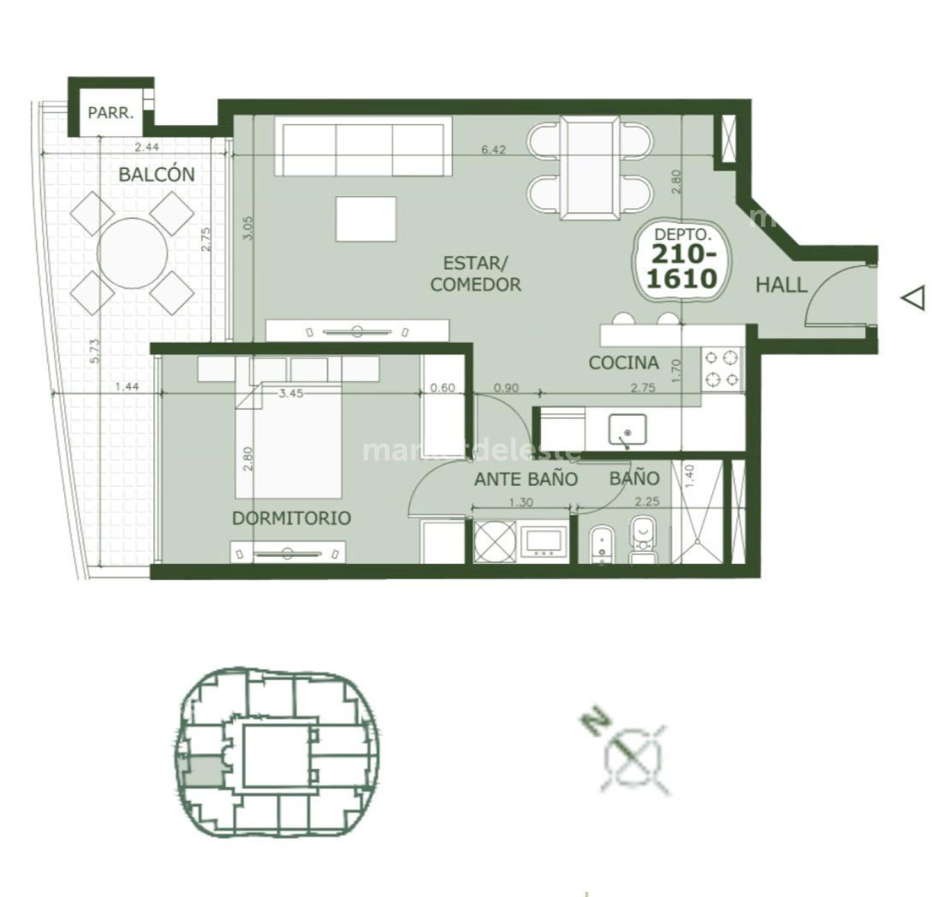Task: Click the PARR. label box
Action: tap(110, 113)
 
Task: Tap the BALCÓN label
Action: tap(156, 174)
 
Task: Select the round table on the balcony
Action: tap(133, 253)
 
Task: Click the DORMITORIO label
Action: tap(291, 518)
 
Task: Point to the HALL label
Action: tap(781, 285)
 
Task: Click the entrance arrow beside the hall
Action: tap(914, 298)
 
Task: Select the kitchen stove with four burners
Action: tap(722, 369)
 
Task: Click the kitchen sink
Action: tap(627, 429)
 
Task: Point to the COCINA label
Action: tap(623, 363)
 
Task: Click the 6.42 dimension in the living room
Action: tap(493, 150)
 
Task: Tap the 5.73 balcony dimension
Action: tap(94, 351)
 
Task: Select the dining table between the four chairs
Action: tap(590, 167)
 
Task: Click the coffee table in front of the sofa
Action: tap(366, 219)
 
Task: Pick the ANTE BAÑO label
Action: tap(526, 479)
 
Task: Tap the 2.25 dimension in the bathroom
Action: tap(647, 501)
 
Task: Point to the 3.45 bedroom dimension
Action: tap(291, 394)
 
